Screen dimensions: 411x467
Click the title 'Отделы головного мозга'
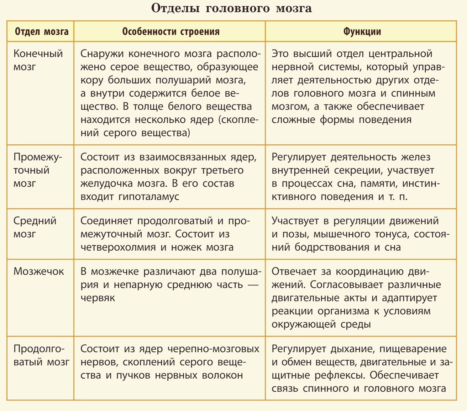click(x=231, y=9)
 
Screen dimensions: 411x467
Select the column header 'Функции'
click(x=362, y=32)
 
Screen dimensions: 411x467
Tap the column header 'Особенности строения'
click(x=170, y=32)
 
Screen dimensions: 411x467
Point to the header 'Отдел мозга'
click(x=42, y=32)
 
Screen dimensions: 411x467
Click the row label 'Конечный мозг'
click(x=38, y=60)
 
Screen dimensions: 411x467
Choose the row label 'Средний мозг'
click(x=35, y=227)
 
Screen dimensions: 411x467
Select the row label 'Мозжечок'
click(x=38, y=271)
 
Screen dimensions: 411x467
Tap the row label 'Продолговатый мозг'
click(x=41, y=355)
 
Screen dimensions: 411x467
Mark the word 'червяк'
click(x=98, y=298)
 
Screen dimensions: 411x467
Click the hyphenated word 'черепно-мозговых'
click(x=213, y=349)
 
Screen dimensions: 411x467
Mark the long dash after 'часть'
click(x=253, y=285)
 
